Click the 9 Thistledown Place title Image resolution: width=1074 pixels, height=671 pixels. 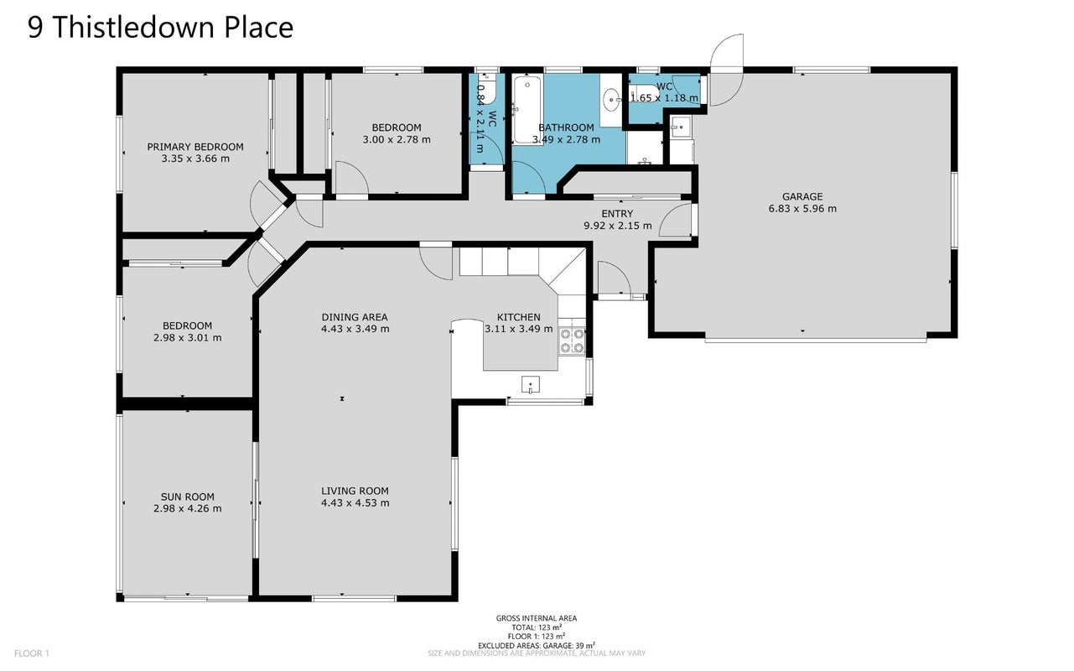(161, 27)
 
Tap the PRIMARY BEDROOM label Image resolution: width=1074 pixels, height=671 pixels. (195, 147)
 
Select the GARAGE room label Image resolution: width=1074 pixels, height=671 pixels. (802, 196)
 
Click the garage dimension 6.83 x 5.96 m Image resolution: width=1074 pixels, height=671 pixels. (802, 209)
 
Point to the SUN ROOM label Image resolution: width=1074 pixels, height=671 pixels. (188, 497)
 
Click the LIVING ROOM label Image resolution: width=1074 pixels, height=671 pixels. (355, 492)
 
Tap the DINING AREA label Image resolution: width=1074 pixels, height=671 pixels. (355, 317)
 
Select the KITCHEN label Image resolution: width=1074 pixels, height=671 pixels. (518, 317)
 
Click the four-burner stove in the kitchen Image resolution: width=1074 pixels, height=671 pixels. (572, 341)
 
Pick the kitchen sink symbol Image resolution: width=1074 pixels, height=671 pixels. (530, 385)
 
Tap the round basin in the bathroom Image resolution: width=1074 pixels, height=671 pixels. (611, 100)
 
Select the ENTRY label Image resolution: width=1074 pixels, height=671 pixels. (617, 213)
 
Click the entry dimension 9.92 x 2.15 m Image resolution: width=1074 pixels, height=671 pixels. (618, 226)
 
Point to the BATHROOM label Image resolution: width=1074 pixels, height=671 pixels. (566, 127)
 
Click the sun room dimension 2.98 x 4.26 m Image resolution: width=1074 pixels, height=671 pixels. (188, 508)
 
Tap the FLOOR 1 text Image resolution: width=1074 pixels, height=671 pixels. (32, 653)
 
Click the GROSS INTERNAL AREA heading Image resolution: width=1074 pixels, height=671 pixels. (537, 618)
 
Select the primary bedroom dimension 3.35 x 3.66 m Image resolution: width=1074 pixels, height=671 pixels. (195, 159)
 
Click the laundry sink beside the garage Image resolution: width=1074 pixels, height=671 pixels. (680, 127)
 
